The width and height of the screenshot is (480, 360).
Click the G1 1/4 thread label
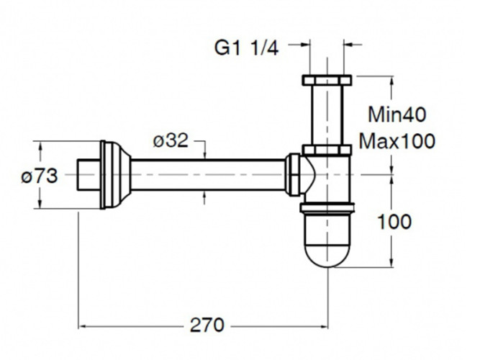(246, 48)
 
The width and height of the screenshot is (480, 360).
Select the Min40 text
(397, 114)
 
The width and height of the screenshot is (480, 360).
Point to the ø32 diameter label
(171, 141)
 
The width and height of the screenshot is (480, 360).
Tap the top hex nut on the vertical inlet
(327, 79)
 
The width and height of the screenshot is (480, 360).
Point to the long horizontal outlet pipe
(209, 175)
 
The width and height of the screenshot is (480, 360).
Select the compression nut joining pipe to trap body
(294, 175)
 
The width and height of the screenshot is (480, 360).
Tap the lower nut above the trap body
(327, 150)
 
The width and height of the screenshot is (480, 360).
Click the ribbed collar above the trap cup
(327, 210)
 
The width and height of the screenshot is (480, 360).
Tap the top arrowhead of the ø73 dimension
(40, 145)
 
